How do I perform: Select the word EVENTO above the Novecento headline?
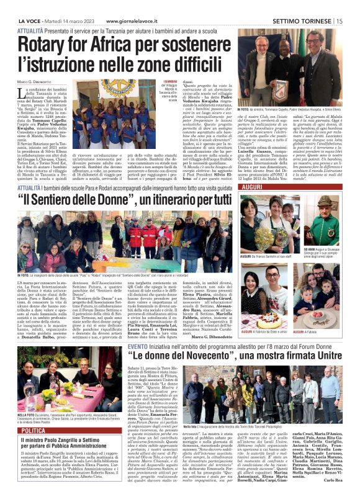[138, 345]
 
